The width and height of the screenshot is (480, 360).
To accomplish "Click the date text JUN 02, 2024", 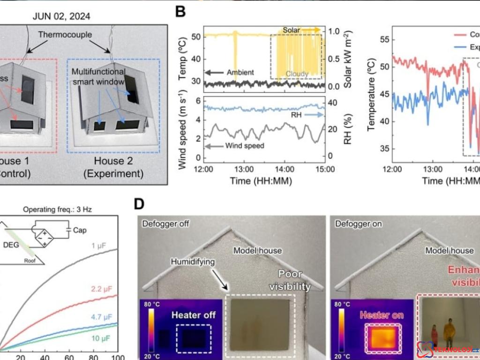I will click(61, 16).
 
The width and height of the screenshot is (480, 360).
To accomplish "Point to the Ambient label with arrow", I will click(230, 72).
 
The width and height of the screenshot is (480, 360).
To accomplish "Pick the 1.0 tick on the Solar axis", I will click(333, 32).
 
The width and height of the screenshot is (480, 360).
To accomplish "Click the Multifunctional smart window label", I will click(99, 76).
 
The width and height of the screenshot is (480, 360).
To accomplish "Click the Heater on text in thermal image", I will click(381, 315).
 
